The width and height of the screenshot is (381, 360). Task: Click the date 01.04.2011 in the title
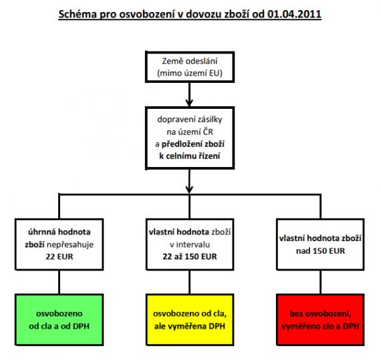tap(294, 14)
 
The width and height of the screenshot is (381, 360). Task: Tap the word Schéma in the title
tap(78, 14)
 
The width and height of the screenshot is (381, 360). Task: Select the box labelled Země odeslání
tap(190, 67)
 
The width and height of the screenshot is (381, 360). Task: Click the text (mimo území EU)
tap(190, 73)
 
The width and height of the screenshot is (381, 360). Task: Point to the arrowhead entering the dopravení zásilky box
tap(189, 103)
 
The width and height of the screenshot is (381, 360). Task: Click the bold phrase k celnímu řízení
tap(190, 156)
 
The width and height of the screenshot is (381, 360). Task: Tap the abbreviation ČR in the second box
tap(208, 132)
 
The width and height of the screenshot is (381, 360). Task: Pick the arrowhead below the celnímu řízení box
tap(189, 190)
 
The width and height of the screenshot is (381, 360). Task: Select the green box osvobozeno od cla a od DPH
tap(59, 320)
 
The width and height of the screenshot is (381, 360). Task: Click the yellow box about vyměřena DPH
tap(190, 320)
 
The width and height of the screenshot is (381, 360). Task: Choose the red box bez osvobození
tap(320, 320)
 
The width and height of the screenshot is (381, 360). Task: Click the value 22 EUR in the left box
tap(59, 256)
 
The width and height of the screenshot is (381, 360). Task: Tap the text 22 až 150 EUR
tap(190, 256)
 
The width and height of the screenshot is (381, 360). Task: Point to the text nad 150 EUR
tap(320, 250)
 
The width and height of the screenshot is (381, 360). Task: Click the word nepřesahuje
tap(70, 244)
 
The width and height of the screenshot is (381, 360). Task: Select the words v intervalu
tap(190, 244)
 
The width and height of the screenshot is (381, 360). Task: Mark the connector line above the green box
tap(59, 282)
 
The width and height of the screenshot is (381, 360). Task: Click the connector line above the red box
tap(320, 282)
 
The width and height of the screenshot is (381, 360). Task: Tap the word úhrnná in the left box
tap(41, 232)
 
